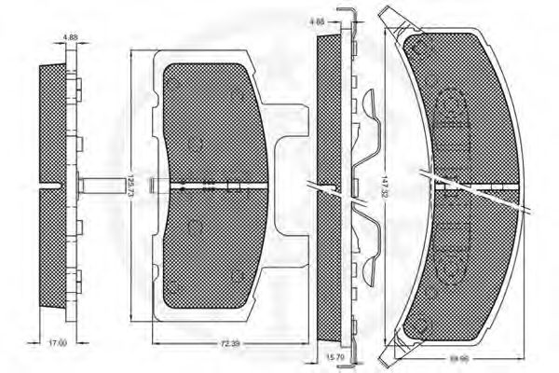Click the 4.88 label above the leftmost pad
[x=70, y=36]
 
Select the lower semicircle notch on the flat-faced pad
[x=195, y=227]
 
